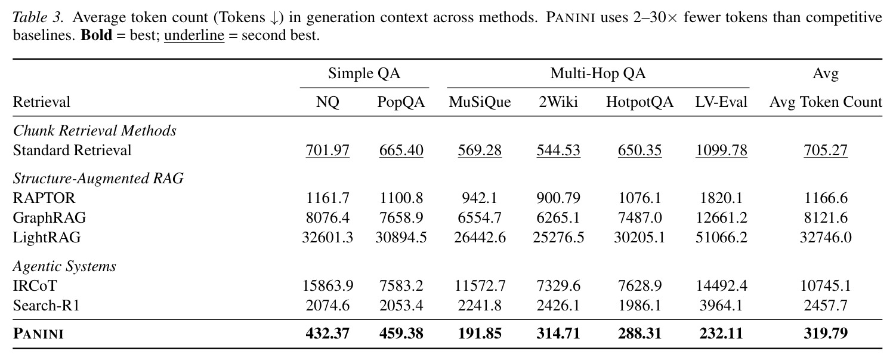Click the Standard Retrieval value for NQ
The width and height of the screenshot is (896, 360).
[327, 150]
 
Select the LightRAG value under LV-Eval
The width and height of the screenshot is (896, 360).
[721, 238]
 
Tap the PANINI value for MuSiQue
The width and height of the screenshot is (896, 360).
[480, 333]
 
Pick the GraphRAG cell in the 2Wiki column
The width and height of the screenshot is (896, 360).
[558, 217]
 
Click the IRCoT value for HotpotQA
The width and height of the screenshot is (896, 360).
[639, 285]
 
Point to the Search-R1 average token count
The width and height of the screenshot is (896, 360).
[826, 306]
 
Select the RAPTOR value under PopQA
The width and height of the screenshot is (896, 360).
[401, 198]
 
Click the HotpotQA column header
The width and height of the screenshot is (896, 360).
[639, 102]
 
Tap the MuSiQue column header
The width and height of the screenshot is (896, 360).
[480, 102]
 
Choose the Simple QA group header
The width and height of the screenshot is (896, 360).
[364, 73]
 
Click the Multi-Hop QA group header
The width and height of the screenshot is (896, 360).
[598, 73]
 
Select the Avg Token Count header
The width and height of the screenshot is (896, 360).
[826, 102]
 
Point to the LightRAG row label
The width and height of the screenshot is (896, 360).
[47, 238]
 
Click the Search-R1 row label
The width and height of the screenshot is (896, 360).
[47, 306]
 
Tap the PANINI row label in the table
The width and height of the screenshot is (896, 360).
[38, 334]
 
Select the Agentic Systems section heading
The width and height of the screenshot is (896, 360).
[64, 266]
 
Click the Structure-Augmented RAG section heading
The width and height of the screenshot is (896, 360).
[98, 179]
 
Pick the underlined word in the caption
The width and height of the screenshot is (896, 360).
[194, 36]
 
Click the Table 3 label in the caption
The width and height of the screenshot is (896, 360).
[38, 17]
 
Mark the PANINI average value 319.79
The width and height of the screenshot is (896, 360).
[826, 333]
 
